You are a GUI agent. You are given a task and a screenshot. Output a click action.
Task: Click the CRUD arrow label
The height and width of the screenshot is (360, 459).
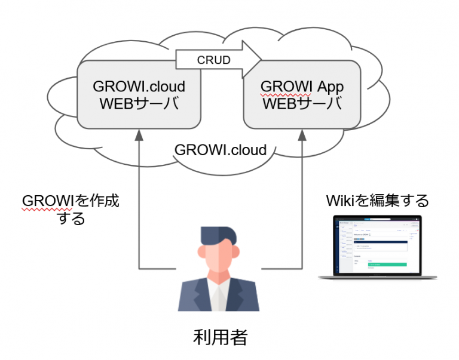[x=214, y=60]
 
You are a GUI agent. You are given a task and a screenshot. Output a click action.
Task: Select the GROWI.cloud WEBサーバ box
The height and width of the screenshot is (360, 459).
[x=138, y=94]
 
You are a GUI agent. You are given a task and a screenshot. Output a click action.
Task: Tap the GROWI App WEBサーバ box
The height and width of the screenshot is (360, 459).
[x=302, y=94]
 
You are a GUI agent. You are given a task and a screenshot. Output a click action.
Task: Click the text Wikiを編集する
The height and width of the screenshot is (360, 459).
[x=377, y=200]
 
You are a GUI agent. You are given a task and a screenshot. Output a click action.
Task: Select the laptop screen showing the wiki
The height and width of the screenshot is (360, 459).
[x=377, y=245]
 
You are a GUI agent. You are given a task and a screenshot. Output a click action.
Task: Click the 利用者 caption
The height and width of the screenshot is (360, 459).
[x=221, y=337]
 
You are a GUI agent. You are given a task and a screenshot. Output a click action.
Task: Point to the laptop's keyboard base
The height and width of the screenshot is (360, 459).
[x=377, y=277]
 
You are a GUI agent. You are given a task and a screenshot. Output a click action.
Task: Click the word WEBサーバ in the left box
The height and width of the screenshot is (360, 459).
[x=139, y=103]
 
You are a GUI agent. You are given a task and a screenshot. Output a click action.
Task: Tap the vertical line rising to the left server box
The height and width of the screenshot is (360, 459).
[x=139, y=203]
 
